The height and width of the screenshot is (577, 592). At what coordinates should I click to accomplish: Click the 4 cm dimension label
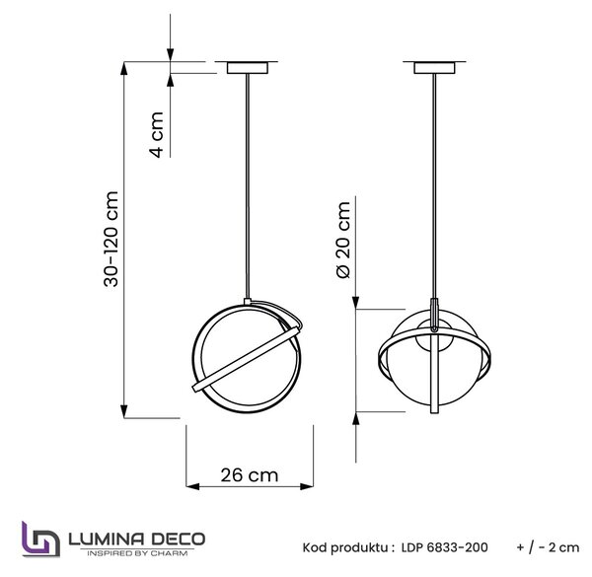(157, 134)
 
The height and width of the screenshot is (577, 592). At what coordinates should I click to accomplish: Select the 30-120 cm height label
(111, 240)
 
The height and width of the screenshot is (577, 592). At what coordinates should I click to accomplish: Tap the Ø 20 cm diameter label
(343, 240)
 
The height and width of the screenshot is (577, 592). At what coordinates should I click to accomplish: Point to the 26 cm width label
(250, 475)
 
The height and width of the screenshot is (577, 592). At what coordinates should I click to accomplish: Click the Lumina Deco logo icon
(40, 540)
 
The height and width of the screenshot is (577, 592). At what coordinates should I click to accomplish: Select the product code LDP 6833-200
(444, 547)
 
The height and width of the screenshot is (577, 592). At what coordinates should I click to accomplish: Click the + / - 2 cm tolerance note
(548, 547)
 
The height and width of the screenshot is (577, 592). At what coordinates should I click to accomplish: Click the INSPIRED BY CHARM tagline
(137, 553)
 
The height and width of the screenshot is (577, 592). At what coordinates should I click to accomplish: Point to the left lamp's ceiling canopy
(248, 68)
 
